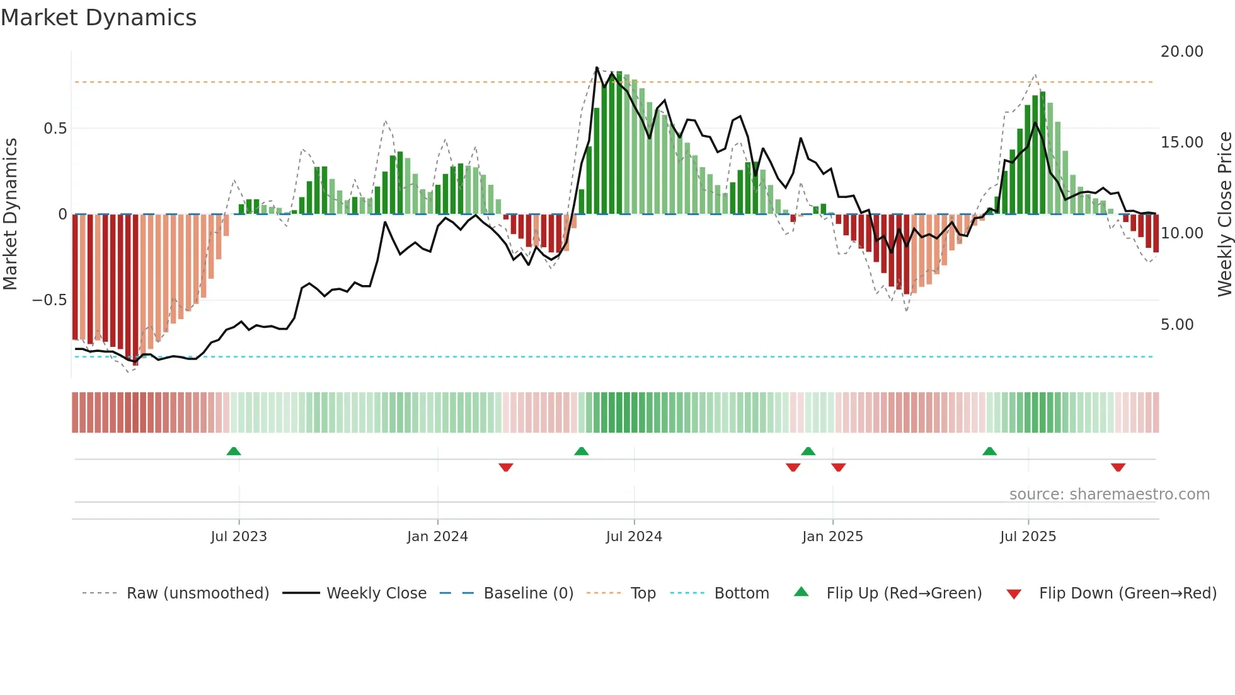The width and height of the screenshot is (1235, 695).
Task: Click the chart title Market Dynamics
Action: point(98,18)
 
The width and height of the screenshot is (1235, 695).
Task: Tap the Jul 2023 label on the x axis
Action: point(239,537)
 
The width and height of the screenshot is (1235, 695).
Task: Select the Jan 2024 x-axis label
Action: point(437,537)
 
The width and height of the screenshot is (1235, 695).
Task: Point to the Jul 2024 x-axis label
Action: point(634,537)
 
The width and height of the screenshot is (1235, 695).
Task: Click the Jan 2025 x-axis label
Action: point(832,537)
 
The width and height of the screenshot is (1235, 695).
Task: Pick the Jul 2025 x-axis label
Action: point(1028,537)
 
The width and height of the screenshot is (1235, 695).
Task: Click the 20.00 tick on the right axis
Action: point(1181,52)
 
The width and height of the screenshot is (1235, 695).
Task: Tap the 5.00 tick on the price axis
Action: point(1177,325)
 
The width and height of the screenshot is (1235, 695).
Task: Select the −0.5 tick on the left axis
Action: point(50,300)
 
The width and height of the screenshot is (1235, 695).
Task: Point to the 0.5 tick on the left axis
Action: point(55,129)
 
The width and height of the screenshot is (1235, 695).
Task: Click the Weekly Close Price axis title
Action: point(1224,214)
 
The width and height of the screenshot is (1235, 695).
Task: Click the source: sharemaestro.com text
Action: point(1109,494)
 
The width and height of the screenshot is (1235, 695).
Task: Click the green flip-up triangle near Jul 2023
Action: point(234,451)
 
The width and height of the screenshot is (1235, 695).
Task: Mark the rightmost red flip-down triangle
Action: point(1118,467)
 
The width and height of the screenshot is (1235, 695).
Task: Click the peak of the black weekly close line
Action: point(597,67)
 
